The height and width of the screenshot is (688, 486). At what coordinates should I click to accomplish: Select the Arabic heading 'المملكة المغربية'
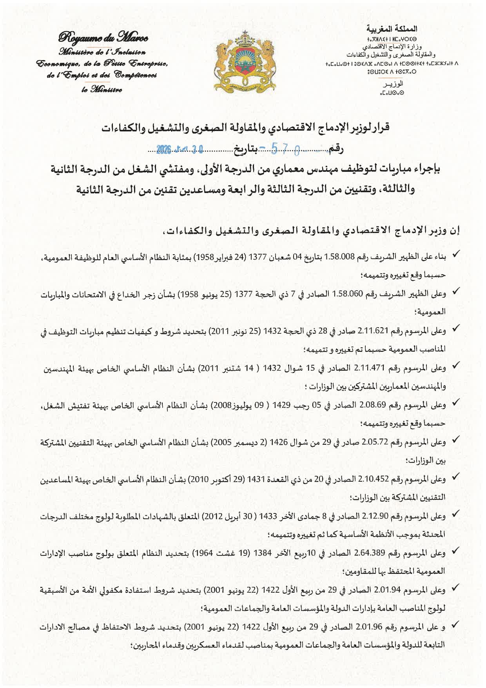[x=392, y=29]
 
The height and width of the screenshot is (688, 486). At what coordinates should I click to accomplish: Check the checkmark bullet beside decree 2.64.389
[x=455, y=551]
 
